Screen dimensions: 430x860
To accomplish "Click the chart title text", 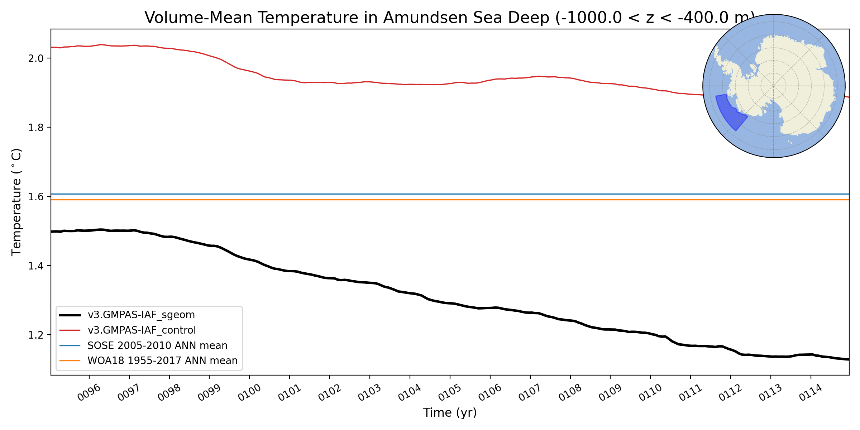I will pyautogui.click(x=450, y=18).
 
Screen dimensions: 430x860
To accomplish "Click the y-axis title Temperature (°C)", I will pyautogui.click(x=16, y=202).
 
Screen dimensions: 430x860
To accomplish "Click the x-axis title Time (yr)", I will pyautogui.click(x=450, y=413).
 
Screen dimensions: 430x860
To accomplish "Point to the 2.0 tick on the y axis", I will pyautogui.click(x=35, y=58).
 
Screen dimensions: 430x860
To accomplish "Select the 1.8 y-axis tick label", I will pyautogui.click(x=35, y=128).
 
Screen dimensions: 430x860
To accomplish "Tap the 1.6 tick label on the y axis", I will pyautogui.click(x=35, y=197).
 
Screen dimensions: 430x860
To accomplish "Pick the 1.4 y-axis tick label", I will pyautogui.click(x=35, y=266).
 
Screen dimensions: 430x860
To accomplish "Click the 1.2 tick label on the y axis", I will pyautogui.click(x=35, y=335).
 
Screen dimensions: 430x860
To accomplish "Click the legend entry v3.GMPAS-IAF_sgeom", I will pyautogui.click(x=141, y=315).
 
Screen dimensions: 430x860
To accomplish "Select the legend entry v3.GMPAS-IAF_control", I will pyautogui.click(x=142, y=330).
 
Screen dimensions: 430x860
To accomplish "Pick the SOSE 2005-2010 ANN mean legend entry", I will pyautogui.click(x=157, y=345).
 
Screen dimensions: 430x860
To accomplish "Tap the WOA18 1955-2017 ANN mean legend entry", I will pyautogui.click(x=162, y=360).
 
